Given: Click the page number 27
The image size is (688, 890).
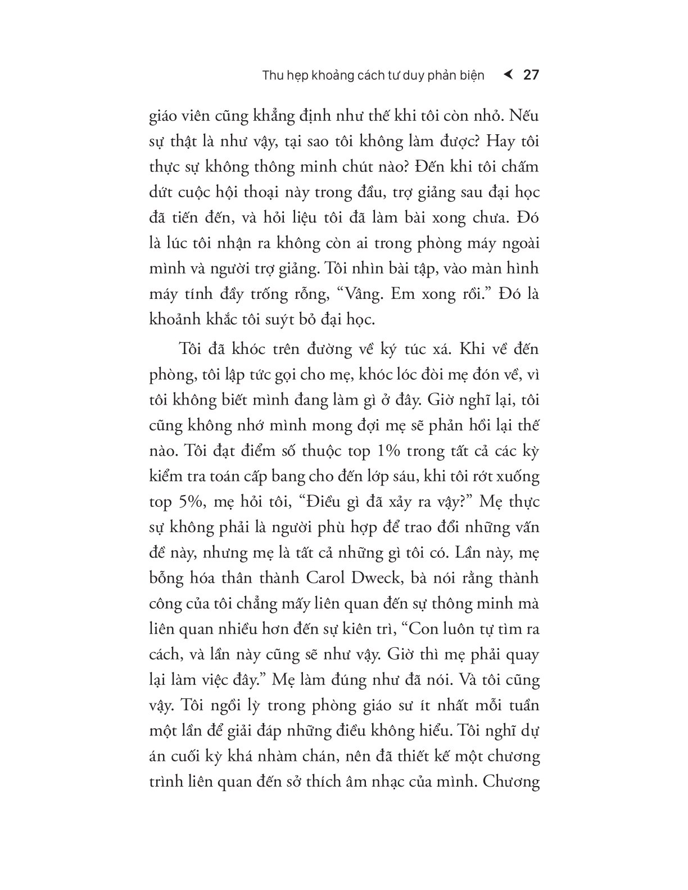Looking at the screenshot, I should (x=531, y=75).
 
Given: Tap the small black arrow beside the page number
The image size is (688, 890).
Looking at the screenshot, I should (x=508, y=75).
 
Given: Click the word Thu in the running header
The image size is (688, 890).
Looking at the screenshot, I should (x=274, y=75).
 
